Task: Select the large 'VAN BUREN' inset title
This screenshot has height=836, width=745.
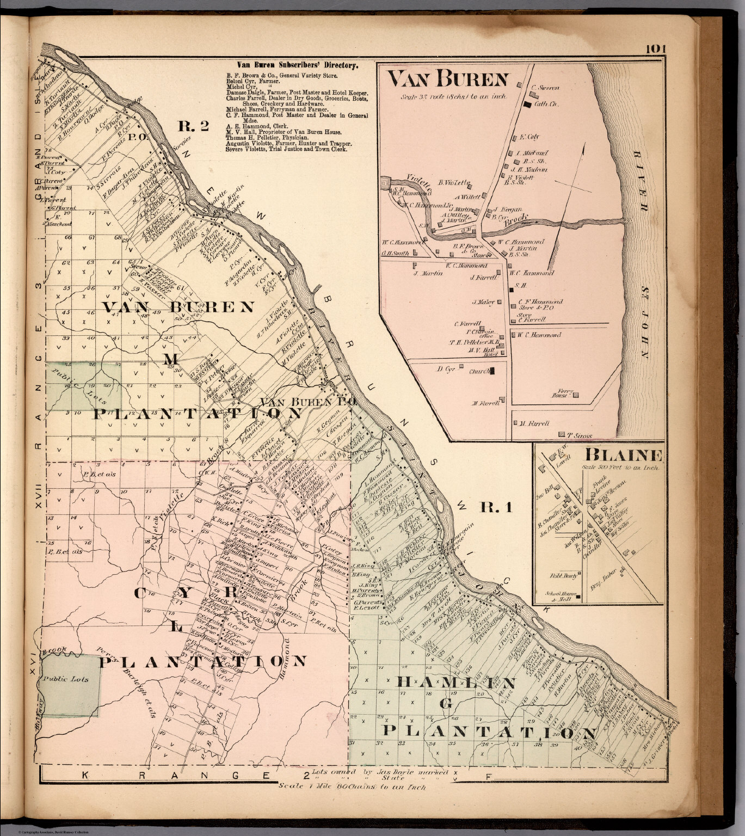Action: coord(447,80)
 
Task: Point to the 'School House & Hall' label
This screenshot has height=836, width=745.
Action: coord(555,596)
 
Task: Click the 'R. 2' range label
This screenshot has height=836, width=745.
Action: coord(194,127)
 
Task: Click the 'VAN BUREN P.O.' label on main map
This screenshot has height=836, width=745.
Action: coord(308,402)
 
